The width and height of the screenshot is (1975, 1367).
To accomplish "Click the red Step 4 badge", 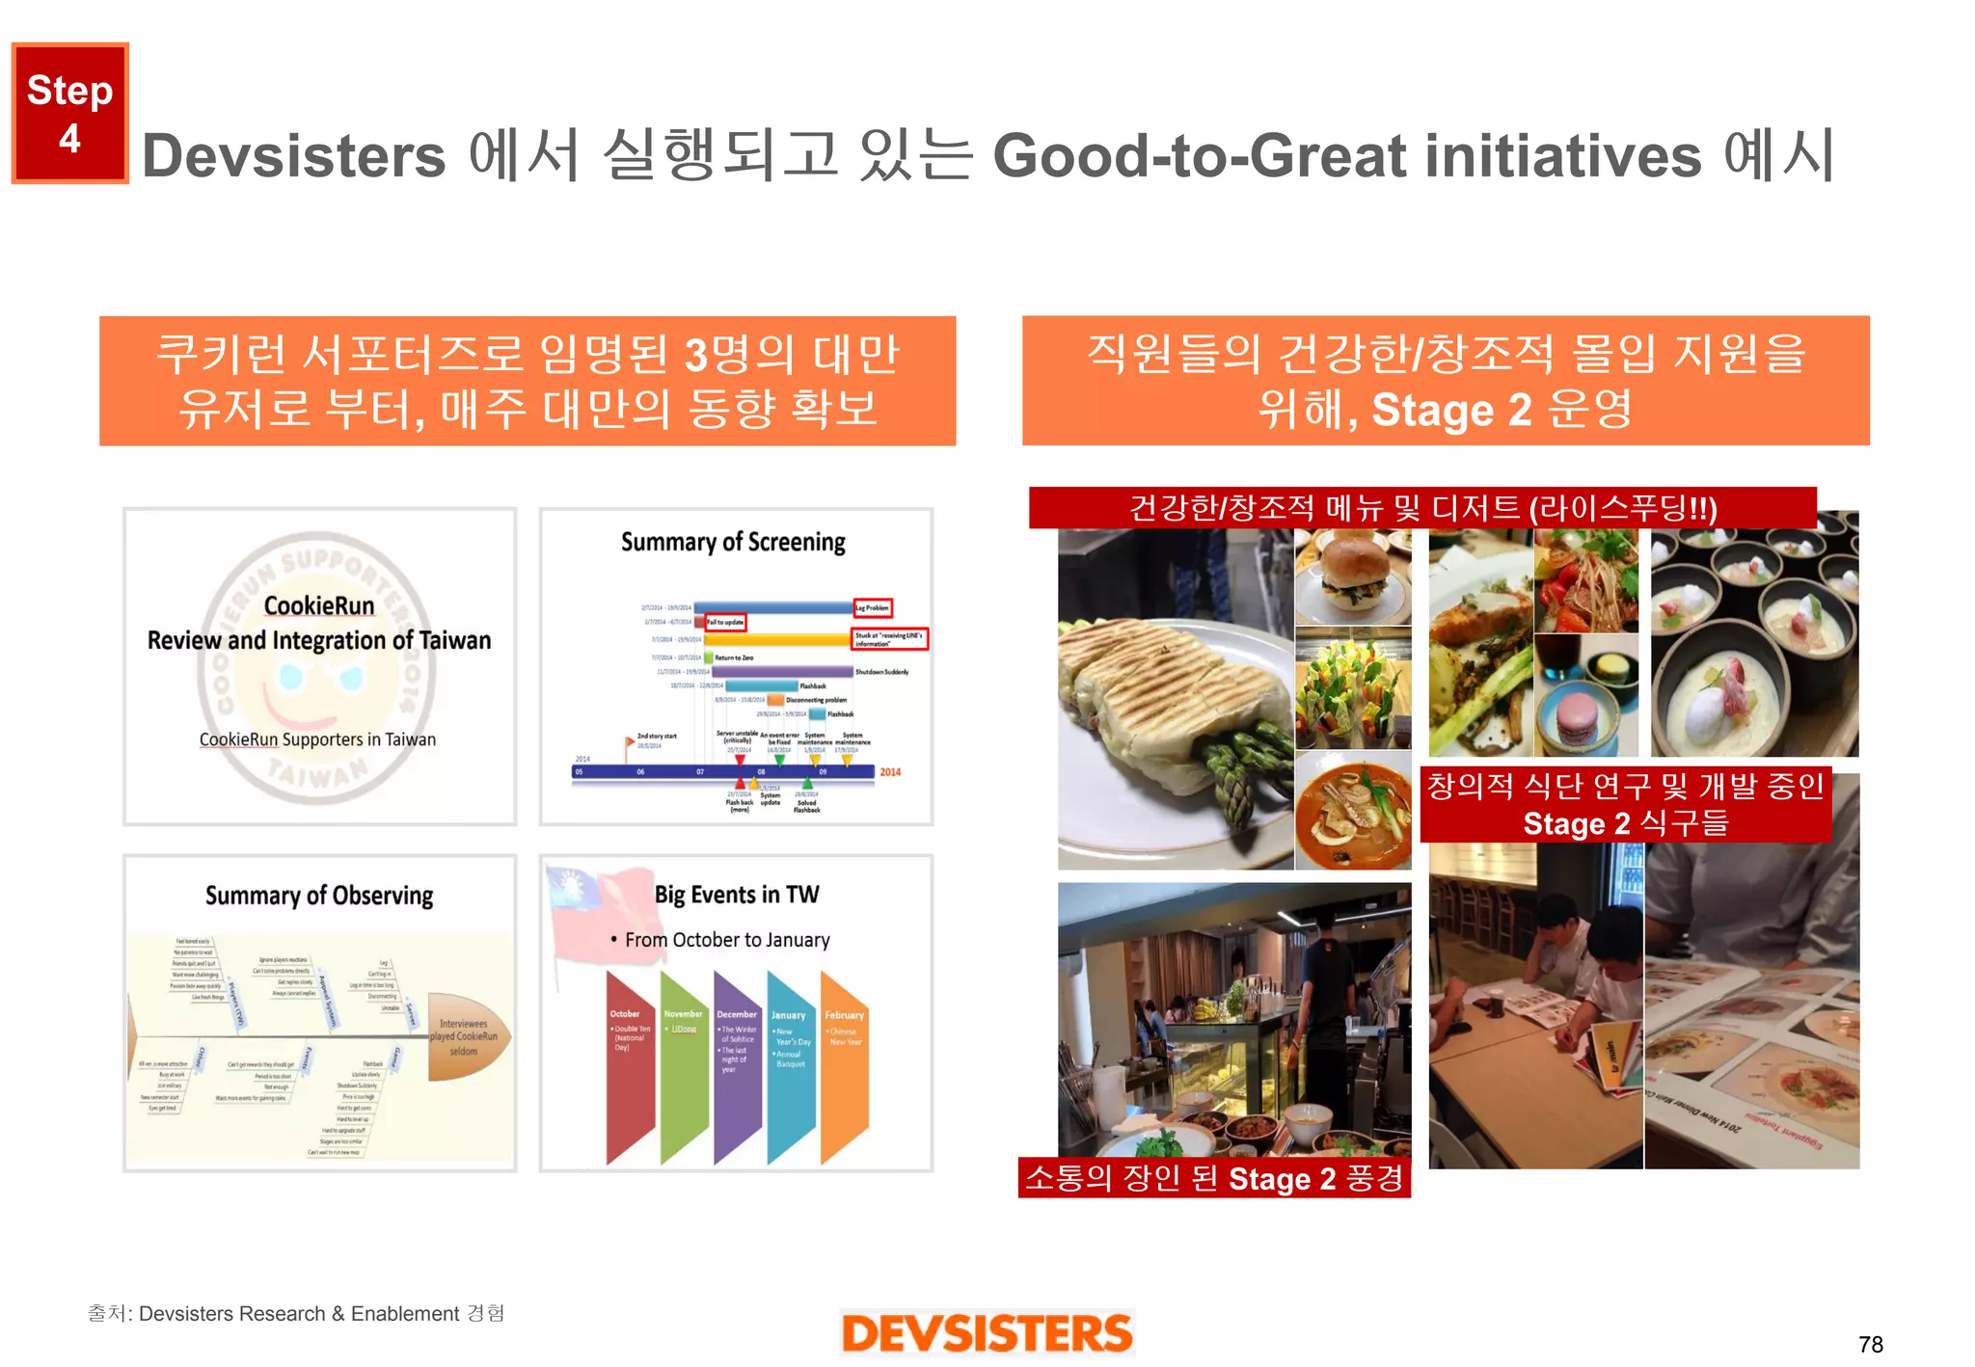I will (69, 113).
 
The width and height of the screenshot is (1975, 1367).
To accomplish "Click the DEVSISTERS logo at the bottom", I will (987, 1333).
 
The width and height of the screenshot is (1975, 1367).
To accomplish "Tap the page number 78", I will (1870, 1344).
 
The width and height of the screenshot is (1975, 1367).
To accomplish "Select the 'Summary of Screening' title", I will (733, 542).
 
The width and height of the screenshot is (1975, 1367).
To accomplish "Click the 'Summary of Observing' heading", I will (319, 896).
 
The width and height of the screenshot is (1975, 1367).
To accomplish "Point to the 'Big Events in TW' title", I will (737, 895).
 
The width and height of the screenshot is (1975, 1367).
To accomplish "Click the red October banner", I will (630, 1065).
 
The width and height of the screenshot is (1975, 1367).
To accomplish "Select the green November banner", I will (684, 1065).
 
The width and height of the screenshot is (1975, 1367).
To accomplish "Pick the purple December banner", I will (738, 1065).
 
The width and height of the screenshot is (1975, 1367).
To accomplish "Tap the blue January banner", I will (791, 1065).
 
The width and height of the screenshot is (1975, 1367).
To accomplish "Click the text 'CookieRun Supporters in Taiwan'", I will (317, 739).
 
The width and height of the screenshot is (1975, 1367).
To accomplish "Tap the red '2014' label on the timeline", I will (890, 772).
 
